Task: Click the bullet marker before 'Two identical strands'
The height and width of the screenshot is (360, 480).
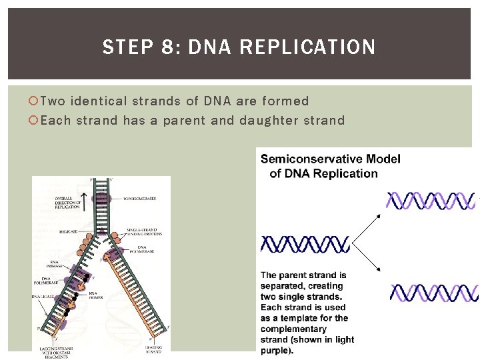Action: tap(35, 101)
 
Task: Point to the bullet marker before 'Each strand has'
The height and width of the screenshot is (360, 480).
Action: tap(35, 121)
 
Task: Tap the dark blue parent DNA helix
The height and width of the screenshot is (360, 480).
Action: tap(305, 244)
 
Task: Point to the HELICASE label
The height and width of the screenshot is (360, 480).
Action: tap(67, 231)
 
